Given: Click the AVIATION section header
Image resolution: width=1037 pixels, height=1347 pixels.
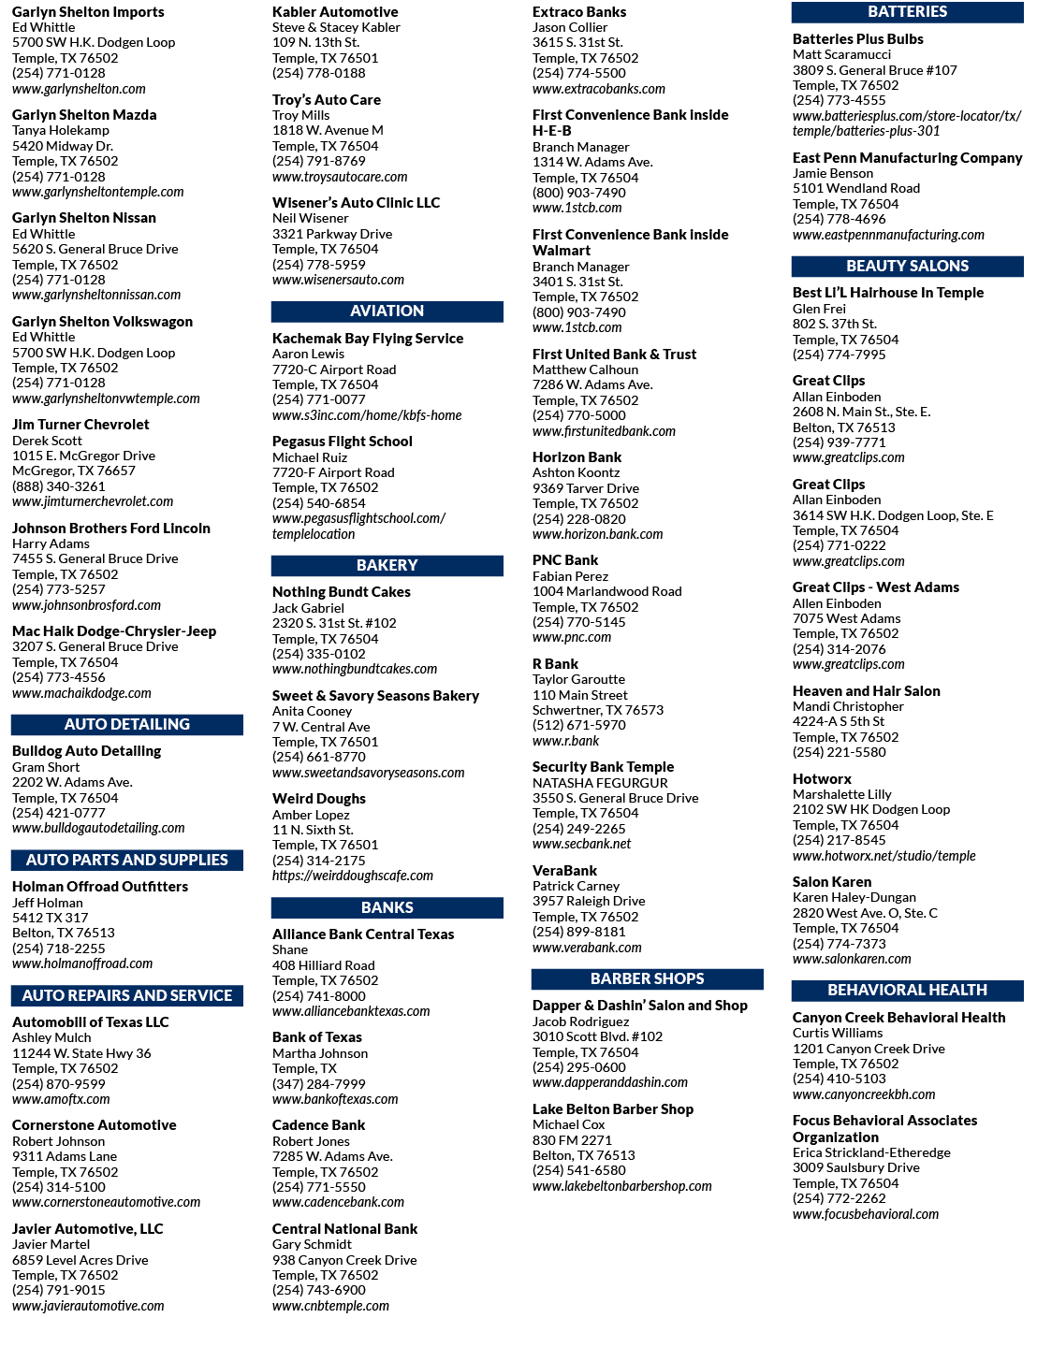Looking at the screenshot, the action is (x=387, y=311).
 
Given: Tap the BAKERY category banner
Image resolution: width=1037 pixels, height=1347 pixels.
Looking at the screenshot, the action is (x=387, y=565).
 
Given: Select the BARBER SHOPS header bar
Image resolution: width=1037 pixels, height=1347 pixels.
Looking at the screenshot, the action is (x=647, y=978).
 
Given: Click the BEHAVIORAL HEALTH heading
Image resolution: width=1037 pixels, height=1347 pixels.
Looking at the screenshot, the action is (x=907, y=990).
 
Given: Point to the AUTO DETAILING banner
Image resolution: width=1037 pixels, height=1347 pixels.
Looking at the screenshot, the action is (x=126, y=724).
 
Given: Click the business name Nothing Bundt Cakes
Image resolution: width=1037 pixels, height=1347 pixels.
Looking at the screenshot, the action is (x=341, y=592).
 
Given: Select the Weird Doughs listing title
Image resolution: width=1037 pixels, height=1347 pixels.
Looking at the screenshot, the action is (x=319, y=799).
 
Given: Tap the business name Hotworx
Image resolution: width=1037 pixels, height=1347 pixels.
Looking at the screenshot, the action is (x=822, y=778).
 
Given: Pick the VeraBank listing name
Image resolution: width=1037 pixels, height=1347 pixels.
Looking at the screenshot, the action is (x=564, y=870).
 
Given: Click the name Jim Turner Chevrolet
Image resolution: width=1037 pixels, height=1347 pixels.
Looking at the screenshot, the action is (x=80, y=425).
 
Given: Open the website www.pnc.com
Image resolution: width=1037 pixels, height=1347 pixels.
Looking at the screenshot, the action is (x=571, y=637).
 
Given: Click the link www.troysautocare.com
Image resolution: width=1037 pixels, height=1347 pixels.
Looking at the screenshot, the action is (x=340, y=177).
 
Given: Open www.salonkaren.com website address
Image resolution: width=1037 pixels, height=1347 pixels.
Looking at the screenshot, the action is (x=852, y=959).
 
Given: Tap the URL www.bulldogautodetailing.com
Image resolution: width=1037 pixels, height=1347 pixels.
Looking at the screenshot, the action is (x=98, y=828).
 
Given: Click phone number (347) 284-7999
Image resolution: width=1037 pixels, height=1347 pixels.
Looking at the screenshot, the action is (x=319, y=1084).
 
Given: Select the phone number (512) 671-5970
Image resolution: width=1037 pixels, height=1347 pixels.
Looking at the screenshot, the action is (x=579, y=725).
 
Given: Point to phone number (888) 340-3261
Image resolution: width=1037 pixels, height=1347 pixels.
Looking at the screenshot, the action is (x=59, y=486).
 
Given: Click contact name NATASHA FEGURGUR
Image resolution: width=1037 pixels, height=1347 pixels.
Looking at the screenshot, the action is (x=600, y=783).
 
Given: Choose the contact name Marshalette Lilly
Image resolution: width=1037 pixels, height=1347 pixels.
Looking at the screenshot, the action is (x=841, y=794).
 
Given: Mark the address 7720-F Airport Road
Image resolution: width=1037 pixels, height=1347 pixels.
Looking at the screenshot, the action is (x=333, y=472).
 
